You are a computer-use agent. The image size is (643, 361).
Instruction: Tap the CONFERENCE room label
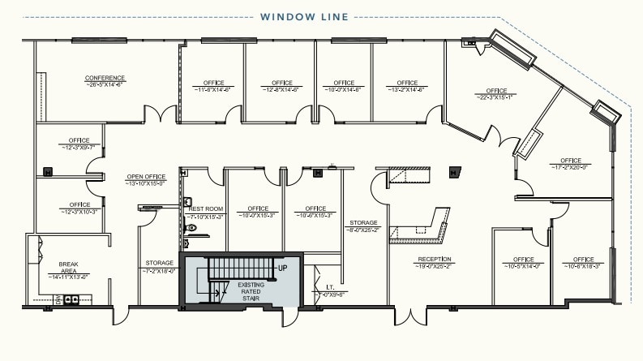point(105,79)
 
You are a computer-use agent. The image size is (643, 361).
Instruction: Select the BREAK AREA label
point(67,264)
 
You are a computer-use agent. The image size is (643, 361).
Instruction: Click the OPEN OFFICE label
point(145,177)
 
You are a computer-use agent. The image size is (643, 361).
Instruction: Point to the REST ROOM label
point(200,208)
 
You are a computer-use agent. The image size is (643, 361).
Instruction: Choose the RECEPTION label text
point(435,260)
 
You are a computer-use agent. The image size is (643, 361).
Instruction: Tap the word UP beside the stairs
point(283,268)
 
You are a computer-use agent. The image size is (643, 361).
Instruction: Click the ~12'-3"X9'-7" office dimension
point(79,148)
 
